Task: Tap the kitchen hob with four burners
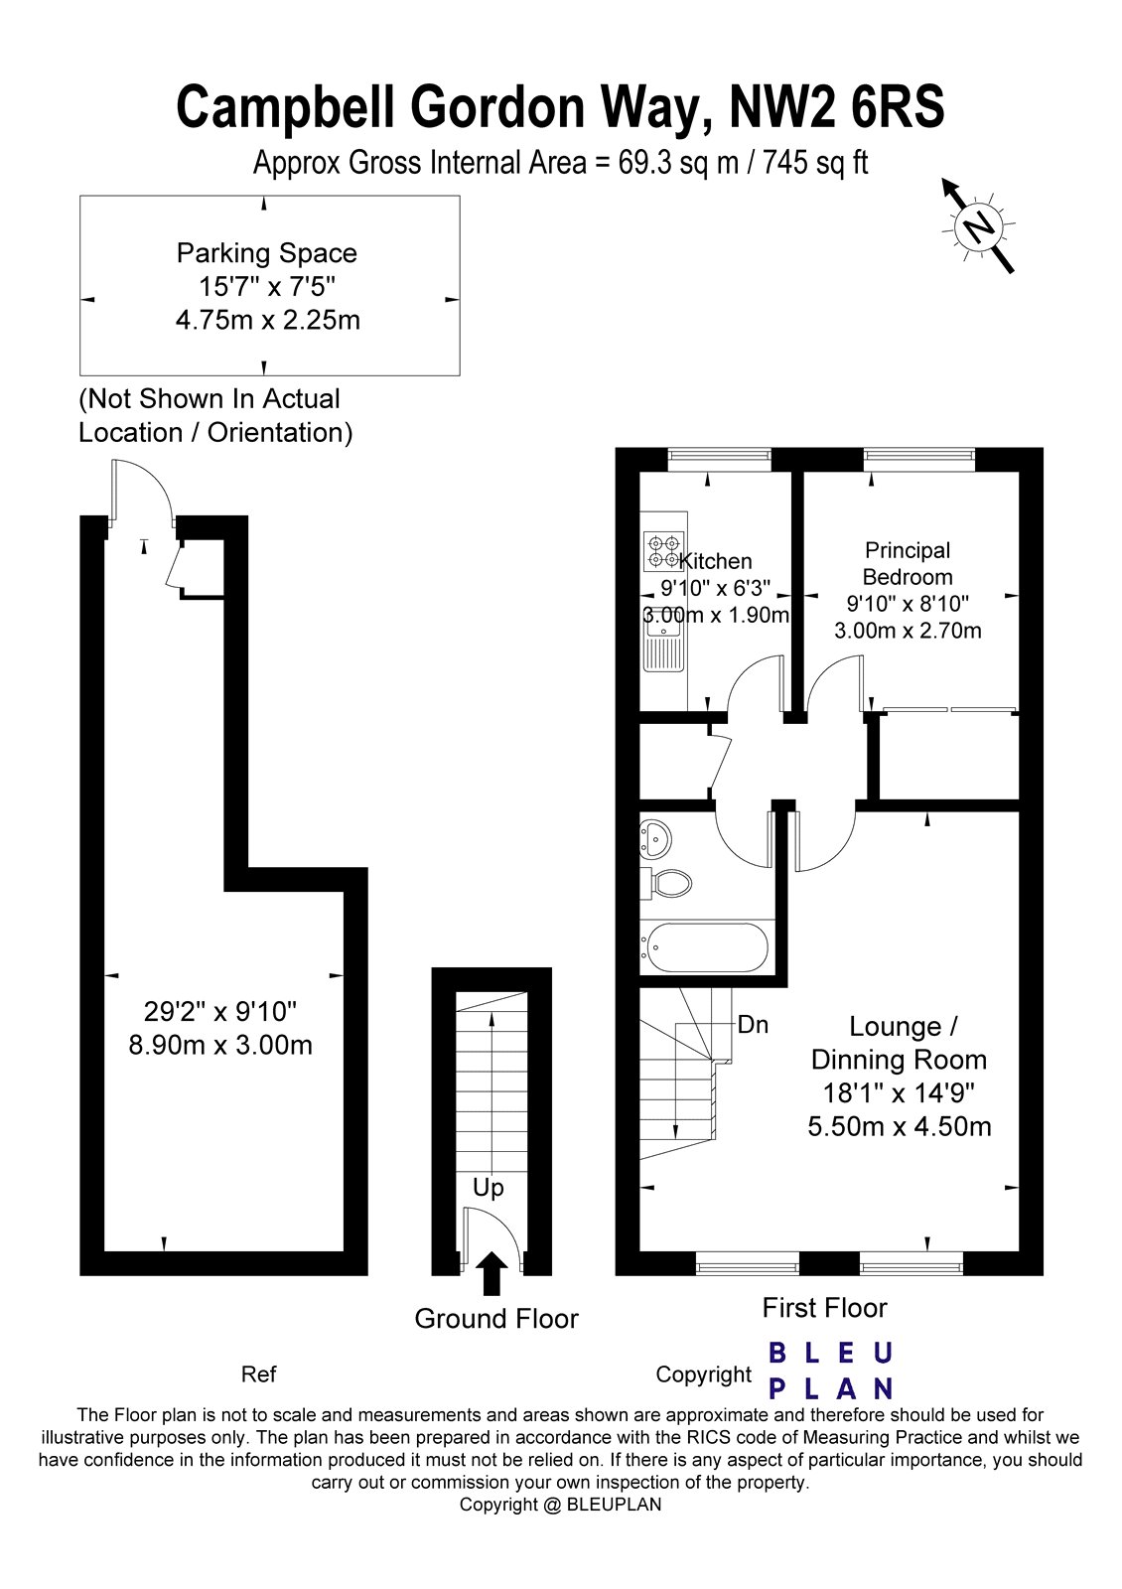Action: click(x=663, y=546)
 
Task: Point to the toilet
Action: click(x=667, y=882)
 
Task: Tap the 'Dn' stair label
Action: click(x=753, y=1024)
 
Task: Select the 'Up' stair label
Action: click(x=488, y=1188)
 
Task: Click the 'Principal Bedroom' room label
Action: click(x=908, y=563)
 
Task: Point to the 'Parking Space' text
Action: click(x=266, y=253)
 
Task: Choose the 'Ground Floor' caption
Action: click(x=496, y=1319)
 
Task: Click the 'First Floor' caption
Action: click(x=824, y=1308)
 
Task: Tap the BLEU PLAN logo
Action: click(x=832, y=1371)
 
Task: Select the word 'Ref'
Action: click(x=258, y=1374)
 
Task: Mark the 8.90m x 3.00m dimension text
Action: click(x=220, y=1045)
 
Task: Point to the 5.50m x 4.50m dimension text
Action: click(x=899, y=1126)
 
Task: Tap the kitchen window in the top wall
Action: click(x=720, y=459)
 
